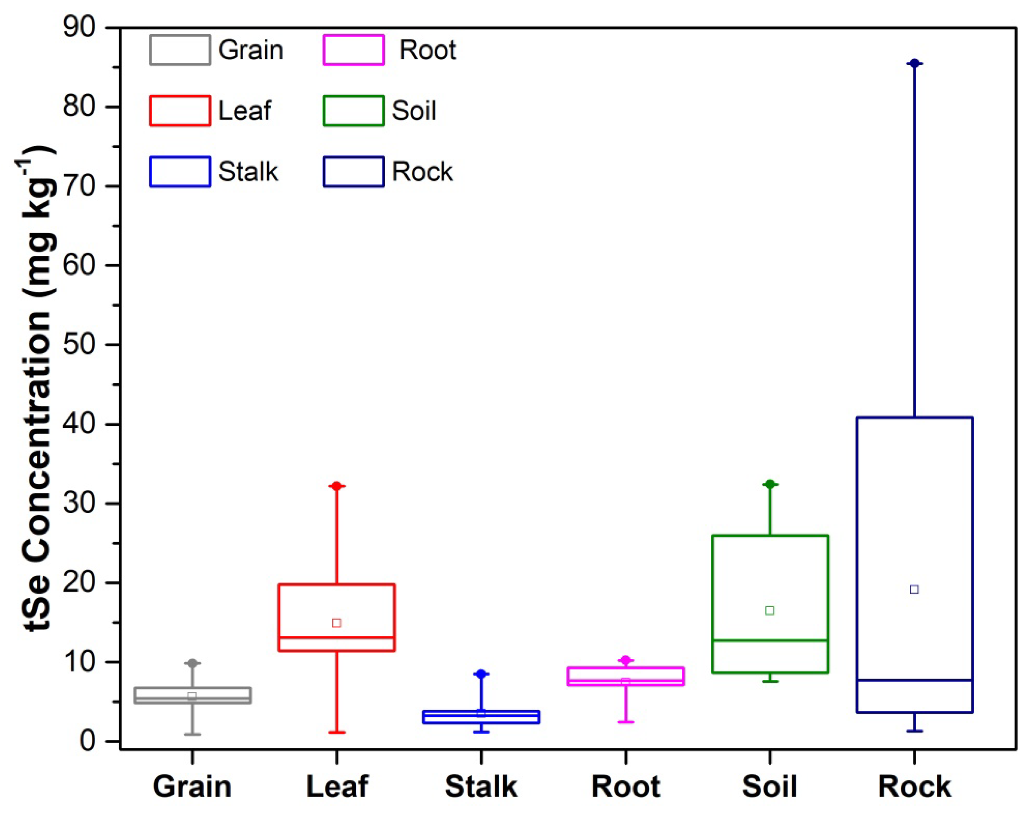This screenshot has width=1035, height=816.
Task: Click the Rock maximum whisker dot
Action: pos(914,63)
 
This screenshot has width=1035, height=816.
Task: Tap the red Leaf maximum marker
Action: pos(337,486)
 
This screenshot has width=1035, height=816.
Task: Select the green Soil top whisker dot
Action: pos(770,484)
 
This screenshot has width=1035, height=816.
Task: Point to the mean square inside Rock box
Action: pos(914,589)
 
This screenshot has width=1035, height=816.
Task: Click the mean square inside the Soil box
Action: pos(770,611)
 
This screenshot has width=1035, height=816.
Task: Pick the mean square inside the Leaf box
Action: pos(337,622)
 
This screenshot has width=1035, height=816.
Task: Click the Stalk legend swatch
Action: pos(180,172)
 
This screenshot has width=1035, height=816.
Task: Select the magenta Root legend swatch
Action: pos(354,50)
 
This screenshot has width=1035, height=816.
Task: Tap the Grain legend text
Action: pos(251,50)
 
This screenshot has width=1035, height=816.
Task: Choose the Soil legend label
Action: pos(414,111)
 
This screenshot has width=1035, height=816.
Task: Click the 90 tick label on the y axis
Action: pos(79,27)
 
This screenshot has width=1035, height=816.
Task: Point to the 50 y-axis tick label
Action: pos(79,345)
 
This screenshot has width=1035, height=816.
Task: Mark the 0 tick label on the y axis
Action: pos(88,741)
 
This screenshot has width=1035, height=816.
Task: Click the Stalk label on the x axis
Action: pos(481,787)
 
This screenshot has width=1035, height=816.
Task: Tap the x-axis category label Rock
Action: pos(914,787)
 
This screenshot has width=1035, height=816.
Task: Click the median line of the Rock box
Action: pos(914,680)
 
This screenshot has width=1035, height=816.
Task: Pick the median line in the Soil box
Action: pos(770,640)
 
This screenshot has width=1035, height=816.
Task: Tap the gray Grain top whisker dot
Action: pos(192,663)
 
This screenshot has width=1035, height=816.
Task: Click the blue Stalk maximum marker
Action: pos(481,674)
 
